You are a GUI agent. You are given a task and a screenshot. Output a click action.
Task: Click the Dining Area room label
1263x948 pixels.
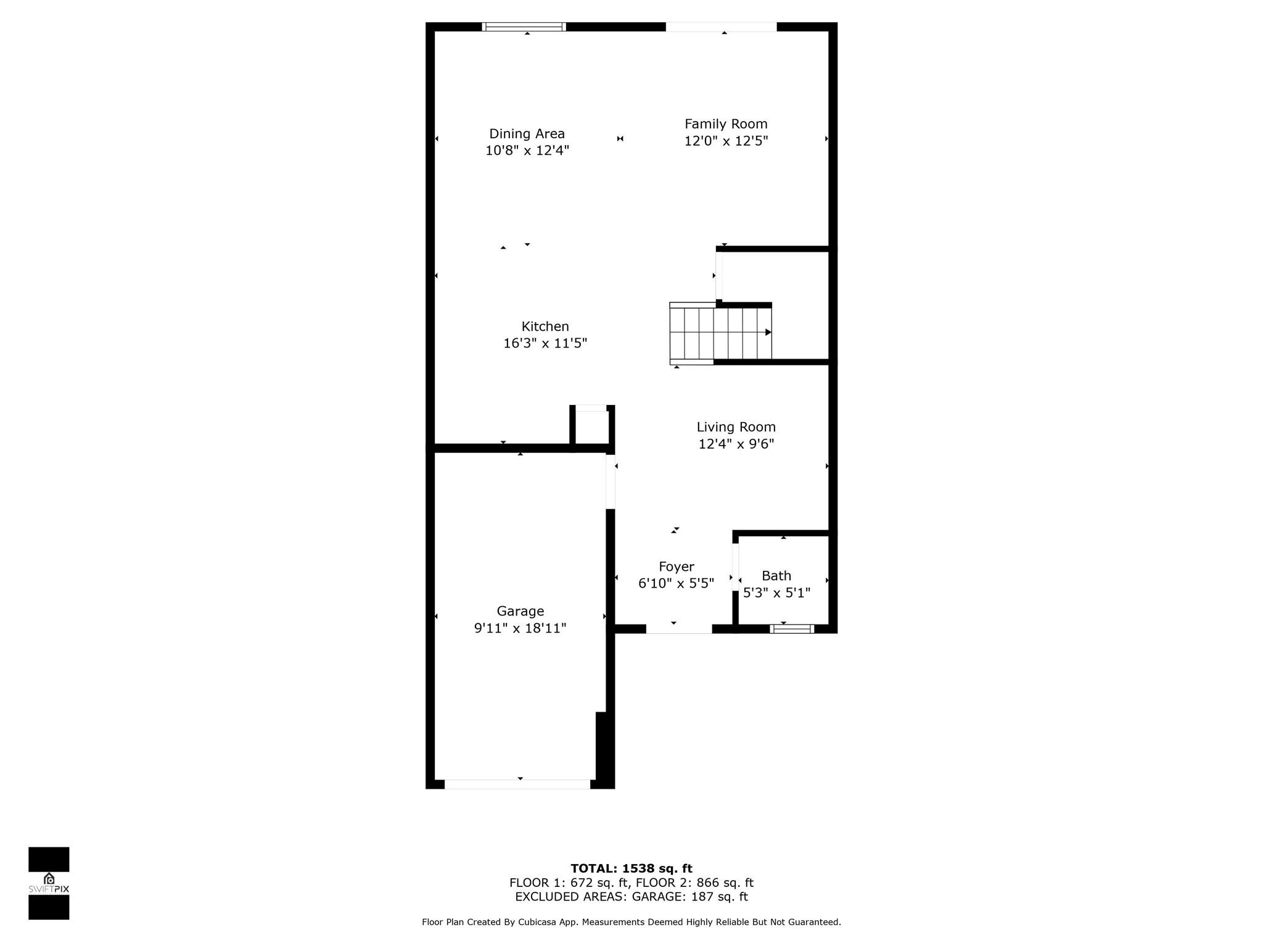pos(527,133)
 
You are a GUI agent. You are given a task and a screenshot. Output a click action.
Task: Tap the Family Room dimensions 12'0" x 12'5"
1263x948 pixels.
pos(726,141)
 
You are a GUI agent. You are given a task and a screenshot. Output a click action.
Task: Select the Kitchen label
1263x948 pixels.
pos(545,326)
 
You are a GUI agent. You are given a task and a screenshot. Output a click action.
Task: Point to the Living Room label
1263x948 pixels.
pos(736,427)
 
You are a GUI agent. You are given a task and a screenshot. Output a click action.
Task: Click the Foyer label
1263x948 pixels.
pos(676,567)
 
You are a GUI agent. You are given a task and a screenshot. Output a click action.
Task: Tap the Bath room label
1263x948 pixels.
pos(776,576)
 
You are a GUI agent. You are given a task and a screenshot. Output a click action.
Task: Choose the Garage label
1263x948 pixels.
pos(520,611)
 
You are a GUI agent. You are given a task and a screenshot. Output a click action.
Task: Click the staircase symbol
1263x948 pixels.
pos(720,333)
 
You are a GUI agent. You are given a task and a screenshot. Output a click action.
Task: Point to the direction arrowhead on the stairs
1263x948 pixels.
pos(768,332)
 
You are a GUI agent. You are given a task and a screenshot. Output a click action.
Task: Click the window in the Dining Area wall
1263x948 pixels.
pos(524,27)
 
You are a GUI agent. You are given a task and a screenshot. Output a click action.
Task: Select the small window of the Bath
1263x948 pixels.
pos(792,629)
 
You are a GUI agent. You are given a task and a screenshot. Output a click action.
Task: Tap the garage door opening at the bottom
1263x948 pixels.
pos(517,784)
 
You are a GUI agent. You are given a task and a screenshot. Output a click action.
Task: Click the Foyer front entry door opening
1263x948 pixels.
pos(678,629)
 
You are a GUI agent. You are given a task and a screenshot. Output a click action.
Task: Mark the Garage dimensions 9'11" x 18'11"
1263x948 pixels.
pos(520,628)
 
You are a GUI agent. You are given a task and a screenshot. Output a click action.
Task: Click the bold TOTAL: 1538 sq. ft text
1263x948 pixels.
pos(631,868)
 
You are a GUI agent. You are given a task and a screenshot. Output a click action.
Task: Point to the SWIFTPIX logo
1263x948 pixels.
pos(49,883)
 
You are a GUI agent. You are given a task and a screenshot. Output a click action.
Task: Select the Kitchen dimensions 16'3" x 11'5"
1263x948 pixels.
pos(545,343)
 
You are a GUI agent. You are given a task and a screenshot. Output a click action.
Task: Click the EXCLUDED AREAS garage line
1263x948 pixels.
pos(631,897)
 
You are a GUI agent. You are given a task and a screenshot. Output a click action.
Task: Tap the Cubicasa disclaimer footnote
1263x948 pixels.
pos(631,922)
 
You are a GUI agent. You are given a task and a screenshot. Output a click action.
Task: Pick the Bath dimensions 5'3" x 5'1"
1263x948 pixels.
pos(776,593)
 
